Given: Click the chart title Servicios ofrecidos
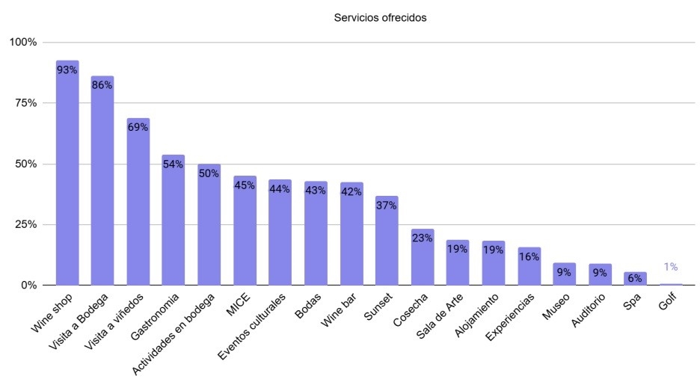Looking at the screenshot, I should [x=380, y=18].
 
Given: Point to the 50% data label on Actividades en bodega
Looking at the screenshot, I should [x=209, y=173].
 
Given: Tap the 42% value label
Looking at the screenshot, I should [x=351, y=191].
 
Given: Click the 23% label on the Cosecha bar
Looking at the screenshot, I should [x=423, y=238].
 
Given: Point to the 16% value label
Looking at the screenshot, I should [x=529, y=257].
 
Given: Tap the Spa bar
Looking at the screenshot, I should [x=636, y=279].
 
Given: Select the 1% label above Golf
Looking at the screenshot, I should [x=671, y=267].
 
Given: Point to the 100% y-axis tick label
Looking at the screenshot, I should [x=22, y=42].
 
